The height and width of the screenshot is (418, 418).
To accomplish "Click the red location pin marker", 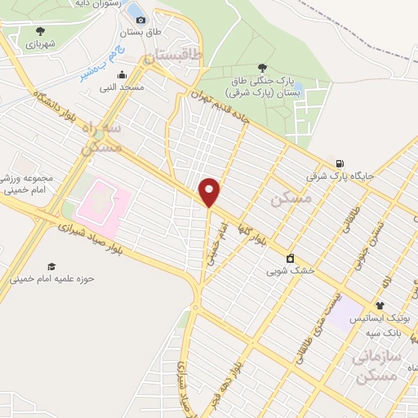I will [x=210, y=192].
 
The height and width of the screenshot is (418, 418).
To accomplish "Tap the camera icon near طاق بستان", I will [x=141, y=20].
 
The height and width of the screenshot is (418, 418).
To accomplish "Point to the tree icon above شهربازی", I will [x=40, y=32].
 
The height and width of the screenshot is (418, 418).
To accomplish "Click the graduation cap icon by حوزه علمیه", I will [x=51, y=266].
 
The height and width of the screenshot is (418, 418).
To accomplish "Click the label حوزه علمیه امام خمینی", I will [x=52, y=278].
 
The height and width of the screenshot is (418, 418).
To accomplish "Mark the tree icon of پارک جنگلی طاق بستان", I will [x=261, y=68].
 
